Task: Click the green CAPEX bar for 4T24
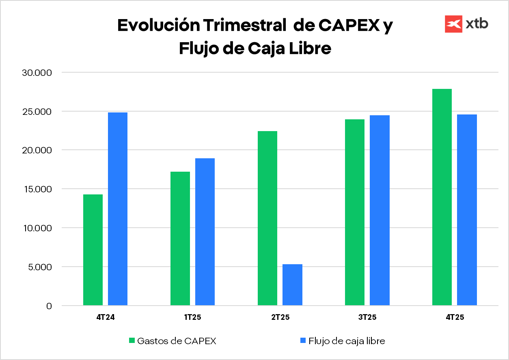93,250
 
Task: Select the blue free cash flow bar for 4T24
118,209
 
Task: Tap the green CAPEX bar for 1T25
180,238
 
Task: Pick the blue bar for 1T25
205,231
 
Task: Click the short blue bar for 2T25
292,285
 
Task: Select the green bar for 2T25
267,218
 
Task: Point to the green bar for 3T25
355,212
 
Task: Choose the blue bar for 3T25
380,210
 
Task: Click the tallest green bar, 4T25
442,197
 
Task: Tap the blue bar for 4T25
467,210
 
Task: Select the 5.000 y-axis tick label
41,267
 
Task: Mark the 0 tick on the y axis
49,306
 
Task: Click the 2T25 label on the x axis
280,318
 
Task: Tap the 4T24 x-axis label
106,318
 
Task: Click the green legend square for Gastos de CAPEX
132,341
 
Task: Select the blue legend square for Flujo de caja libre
303,341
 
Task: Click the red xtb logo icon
454,24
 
